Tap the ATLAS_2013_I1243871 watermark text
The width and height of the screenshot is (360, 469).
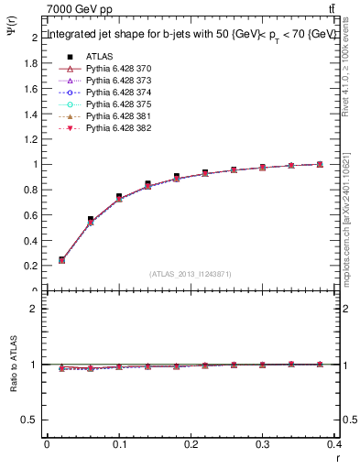point(191,275)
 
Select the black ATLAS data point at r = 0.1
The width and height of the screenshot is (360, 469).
point(119,197)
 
